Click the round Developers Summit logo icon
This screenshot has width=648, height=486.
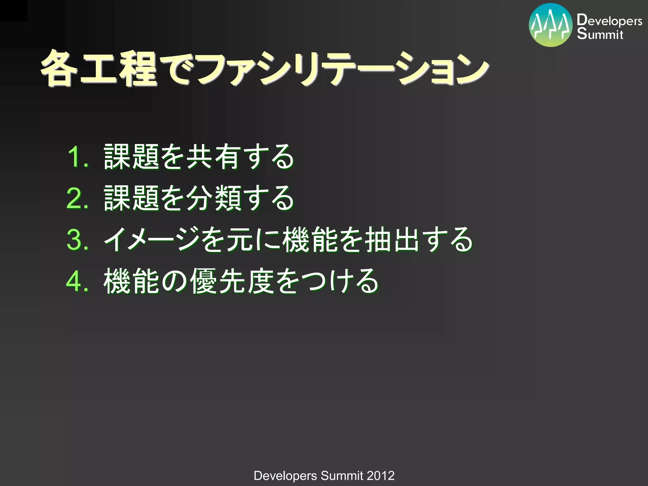coord(551,25)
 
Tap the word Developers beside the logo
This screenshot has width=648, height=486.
coord(609,21)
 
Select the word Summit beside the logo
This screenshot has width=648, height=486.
coord(600,34)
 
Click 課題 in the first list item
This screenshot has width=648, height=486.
coord(132,157)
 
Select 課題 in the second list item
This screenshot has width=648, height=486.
coord(132,198)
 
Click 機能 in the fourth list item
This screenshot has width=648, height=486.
coord(132,281)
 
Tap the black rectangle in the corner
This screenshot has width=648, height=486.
coord(14,10)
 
